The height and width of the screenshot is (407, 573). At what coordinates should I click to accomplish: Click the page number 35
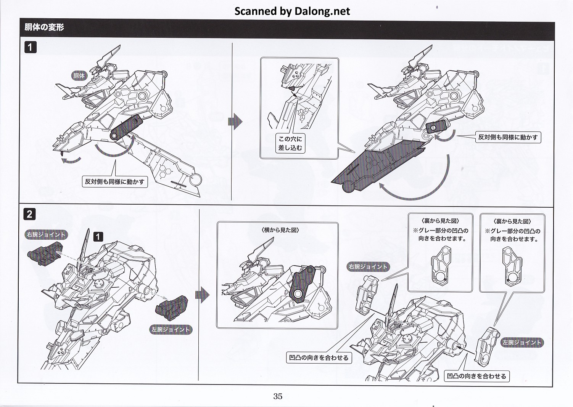click(x=278, y=396)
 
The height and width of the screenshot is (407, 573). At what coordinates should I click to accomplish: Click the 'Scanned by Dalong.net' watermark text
click(x=292, y=11)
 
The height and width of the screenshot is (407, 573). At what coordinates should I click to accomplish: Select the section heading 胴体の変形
click(x=44, y=27)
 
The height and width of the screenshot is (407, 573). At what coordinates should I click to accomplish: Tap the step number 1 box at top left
click(x=30, y=47)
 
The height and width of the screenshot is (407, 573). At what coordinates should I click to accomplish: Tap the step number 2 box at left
click(x=30, y=214)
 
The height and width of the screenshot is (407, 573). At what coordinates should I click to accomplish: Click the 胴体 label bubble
click(x=79, y=76)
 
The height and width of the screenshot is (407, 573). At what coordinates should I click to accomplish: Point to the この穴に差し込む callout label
click(x=290, y=143)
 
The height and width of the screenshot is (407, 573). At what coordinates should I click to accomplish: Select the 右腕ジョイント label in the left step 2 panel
click(x=46, y=235)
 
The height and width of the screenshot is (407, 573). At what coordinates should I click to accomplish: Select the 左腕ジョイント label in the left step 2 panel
click(x=171, y=330)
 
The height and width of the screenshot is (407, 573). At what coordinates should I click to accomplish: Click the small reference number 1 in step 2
click(x=98, y=237)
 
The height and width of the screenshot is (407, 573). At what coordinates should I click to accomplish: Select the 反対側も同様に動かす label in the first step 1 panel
click(x=115, y=182)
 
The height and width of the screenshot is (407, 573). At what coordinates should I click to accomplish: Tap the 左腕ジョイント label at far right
click(x=521, y=343)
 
